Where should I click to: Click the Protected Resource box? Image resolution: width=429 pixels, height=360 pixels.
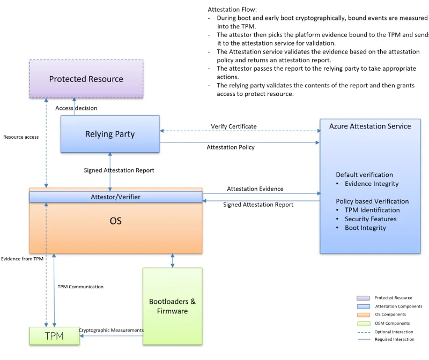[x=86, y=79]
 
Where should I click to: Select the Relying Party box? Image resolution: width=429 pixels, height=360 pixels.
[x=110, y=134]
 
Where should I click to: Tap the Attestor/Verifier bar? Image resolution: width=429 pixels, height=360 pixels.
[x=115, y=197]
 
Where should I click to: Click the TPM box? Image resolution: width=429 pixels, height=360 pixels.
[x=54, y=336]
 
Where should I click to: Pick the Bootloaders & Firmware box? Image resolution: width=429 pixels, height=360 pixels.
[x=172, y=306]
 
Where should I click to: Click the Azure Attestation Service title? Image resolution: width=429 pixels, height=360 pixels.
[x=370, y=126]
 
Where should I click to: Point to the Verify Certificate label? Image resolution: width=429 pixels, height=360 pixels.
[x=234, y=126]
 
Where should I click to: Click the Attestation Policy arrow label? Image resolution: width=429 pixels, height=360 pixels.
[x=231, y=147]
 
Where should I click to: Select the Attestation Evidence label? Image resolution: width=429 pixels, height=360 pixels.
[x=255, y=189]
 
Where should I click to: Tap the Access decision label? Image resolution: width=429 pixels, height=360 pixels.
[x=76, y=108]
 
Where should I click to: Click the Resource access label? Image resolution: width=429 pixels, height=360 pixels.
[x=21, y=137]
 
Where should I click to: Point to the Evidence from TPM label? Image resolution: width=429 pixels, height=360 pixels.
[x=22, y=259]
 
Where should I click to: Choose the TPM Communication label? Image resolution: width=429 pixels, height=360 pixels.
[x=80, y=287]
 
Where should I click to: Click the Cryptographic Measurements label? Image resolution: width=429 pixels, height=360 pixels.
[x=111, y=330]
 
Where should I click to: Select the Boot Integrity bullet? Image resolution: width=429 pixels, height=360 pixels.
[x=365, y=228]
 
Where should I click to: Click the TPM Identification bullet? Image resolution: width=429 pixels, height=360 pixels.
[x=372, y=210]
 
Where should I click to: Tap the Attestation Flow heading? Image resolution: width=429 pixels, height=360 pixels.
[x=232, y=10]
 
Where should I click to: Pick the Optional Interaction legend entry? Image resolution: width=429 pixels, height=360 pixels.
[x=394, y=332]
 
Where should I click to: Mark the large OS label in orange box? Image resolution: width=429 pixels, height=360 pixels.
[x=115, y=221]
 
